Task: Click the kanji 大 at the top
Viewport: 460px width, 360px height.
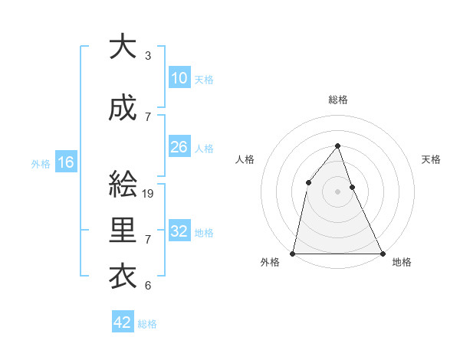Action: [x=123, y=47]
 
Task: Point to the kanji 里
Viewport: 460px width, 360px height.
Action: [x=123, y=231]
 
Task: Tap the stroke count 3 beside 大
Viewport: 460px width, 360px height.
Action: [x=148, y=56]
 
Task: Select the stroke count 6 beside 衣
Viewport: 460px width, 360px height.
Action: [x=148, y=286]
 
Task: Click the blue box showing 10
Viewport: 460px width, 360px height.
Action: [x=179, y=77]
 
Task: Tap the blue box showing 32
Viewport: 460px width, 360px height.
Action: [x=179, y=231]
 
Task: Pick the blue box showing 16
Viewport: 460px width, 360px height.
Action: [x=65, y=162]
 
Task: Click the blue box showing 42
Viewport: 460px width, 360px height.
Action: [x=123, y=322]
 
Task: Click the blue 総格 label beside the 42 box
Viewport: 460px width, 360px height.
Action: [x=148, y=324]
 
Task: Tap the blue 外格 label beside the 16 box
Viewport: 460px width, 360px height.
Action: [x=41, y=163]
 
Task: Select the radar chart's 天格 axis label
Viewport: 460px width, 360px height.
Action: [x=432, y=159]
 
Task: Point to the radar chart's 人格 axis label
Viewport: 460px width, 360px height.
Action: [x=245, y=159]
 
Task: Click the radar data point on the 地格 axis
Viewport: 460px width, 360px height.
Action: [x=383, y=253]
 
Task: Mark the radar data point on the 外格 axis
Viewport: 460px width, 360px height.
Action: [x=293, y=253]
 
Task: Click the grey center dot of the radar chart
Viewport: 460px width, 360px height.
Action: [x=337, y=191]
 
